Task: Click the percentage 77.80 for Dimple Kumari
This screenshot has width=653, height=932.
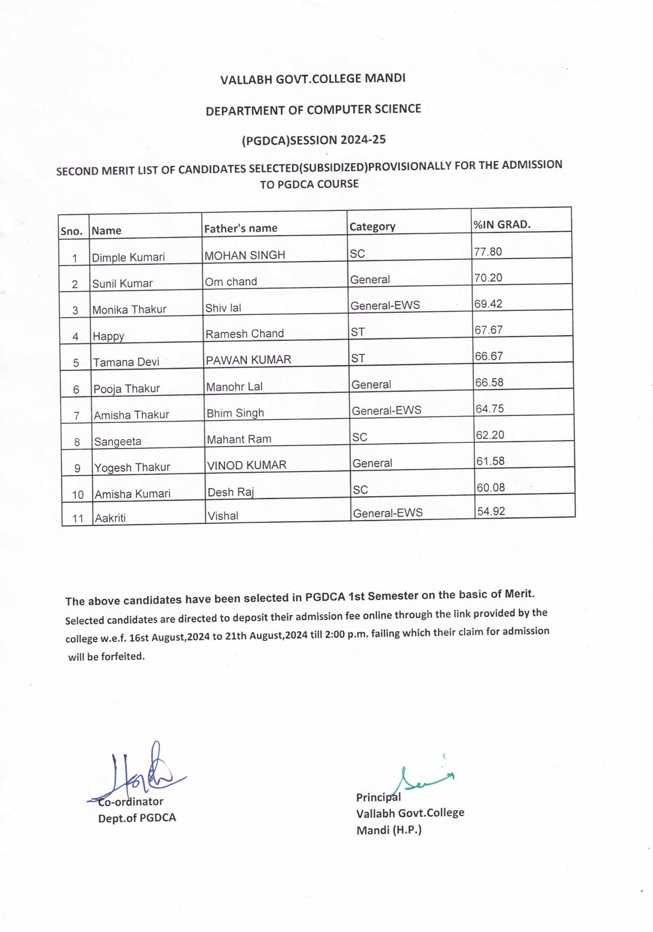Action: click(488, 252)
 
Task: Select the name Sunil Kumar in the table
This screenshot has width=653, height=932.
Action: click(122, 284)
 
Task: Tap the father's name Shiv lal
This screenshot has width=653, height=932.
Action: click(223, 308)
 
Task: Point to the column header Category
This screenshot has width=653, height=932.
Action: click(372, 227)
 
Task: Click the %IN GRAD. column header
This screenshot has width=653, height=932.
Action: click(502, 224)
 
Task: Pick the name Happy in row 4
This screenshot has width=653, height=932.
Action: click(108, 336)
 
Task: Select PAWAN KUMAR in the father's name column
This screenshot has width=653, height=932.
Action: click(248, 360)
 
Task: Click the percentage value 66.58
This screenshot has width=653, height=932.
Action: click(489, 382)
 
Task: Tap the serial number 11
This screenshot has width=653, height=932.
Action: click(78, 519)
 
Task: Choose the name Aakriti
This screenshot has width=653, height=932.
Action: click(110, 518)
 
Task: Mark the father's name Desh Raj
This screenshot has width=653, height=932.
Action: click(231, 492)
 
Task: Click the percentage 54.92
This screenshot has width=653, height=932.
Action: click(491, 511)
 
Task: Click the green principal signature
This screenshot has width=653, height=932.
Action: click(423, 779)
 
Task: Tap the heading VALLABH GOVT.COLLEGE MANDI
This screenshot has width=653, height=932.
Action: click(313, 79)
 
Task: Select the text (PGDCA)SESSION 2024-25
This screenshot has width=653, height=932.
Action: click(313, 140)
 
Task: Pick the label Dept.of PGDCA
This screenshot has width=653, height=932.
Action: click(137, 818)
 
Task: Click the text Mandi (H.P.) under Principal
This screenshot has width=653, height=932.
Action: click(389, 830)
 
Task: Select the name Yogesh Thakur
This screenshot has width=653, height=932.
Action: click(132, 467)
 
